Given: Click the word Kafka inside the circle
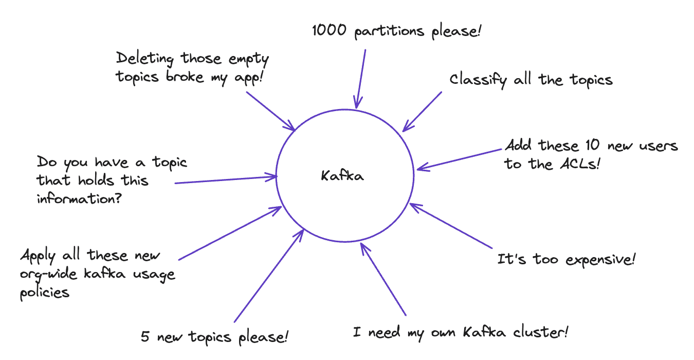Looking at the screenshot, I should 342,176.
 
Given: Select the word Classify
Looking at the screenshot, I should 478,80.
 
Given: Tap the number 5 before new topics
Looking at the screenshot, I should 145,338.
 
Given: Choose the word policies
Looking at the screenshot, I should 44,293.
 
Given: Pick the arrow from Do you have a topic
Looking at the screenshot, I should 226,180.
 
